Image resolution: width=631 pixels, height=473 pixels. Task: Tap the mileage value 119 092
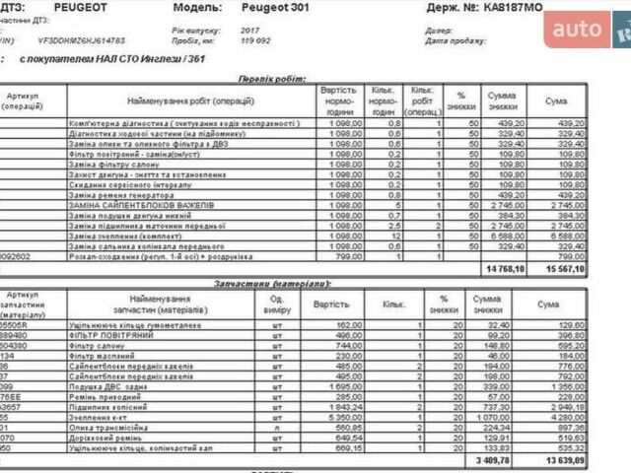point(255,40)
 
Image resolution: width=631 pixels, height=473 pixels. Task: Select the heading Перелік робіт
point(271,77)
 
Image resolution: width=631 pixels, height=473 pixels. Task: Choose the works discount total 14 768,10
point(504,268)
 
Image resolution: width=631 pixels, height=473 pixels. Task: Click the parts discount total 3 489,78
point(506,459)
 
